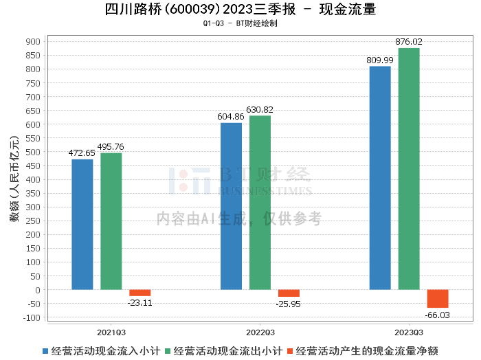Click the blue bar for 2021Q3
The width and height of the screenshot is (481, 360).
[x=82, y=225]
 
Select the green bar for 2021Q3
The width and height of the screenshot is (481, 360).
[x=111, y=221]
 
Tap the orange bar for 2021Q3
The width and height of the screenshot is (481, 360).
[x=140, y=293]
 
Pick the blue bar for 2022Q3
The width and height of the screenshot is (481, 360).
[x=232, y=206]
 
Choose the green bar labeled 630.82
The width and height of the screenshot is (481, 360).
[x=260, y=203]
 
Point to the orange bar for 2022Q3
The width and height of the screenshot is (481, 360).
[x=289, y=293]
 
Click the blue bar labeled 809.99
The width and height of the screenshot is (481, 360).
[x=380, y=178]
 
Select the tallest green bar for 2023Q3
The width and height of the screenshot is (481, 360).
[x=409, y=169]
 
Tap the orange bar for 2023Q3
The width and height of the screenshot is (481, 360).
[x=438, y=299]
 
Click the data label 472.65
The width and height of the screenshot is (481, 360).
[x=82, y=153]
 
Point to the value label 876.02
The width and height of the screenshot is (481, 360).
[x=409, y=42]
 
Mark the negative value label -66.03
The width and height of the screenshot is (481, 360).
[x=438, y=315]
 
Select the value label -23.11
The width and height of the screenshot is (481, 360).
[x=140, y=302]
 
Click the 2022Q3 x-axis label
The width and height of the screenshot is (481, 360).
[x=260, y=330]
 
